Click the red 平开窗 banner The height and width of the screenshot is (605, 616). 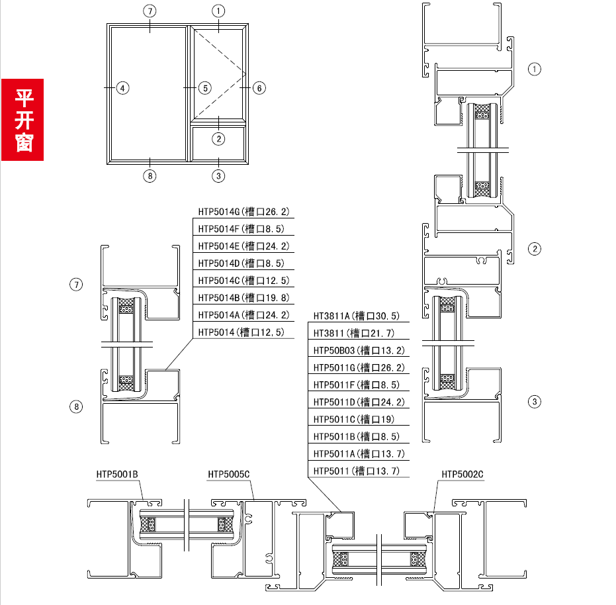(x=22, y=120)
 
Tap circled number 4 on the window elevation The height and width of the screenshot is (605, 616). (x=122, y=88)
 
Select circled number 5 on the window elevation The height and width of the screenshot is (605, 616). (x=204, y=88)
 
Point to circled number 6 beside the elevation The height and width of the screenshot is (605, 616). (x=259, y=88)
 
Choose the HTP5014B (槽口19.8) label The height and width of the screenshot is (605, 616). (x=243, y=298)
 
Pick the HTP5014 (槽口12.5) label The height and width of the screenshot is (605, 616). (x=241, y=332)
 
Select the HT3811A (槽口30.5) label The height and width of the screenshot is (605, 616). (x=357, y=316)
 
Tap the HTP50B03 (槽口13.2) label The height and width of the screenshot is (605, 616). (x=359, y=350)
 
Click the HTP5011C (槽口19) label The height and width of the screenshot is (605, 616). (x=353, y=420)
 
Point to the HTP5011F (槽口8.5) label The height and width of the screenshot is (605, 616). (x=357, y=385)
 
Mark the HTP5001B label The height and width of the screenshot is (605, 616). (x=117, y=475)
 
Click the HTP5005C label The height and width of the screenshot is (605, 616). (x=229, y=475)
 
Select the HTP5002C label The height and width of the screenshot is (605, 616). (x=462, y=475)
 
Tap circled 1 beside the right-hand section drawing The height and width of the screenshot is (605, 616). (x=535, y=70)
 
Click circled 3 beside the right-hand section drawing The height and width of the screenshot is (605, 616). (x=535, y=402)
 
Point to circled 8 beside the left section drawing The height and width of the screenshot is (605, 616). (x=76, y=406)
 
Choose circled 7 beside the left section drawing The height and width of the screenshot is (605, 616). (x=76, y=284)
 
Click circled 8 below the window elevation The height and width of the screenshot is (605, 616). (x=150, y=175)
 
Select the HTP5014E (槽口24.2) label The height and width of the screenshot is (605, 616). (x=243, y=246)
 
